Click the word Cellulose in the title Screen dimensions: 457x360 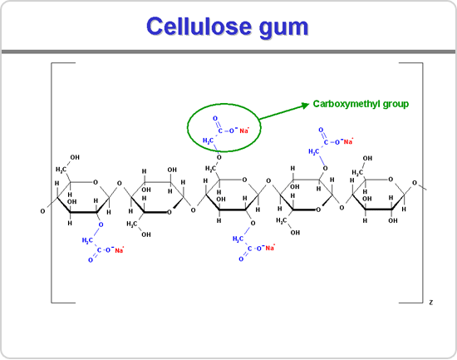pyautogui.click(x=199, y=27)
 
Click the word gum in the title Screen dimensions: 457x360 pyautogui.click(x=283, y=28)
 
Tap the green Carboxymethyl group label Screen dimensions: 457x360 pyautogui.click(x=361, y=104)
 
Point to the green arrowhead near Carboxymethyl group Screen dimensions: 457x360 pyautogui.click(x=305, y=105)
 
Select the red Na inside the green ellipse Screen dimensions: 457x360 pyautogui.click(x=244, y=131)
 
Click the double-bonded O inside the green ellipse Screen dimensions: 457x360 pyautogui.click(x=215, y=118)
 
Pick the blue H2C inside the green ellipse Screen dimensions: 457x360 pyautogui.click(x=208, y=141)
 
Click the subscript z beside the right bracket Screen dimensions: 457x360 pyautogui.click(x=431, y=303)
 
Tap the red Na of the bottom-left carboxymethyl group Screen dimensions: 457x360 pyautogui.click(x=119, y=250)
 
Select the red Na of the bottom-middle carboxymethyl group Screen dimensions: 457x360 pyautogui.click(x=269, y=248)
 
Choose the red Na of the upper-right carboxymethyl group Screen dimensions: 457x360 pyautogui.click(x=348, y=142)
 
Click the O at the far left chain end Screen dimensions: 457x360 pyautogui.click(x=42, y=211)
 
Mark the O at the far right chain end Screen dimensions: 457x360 pyautogui.click(x=415, y=183)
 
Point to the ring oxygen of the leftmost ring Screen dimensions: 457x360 pyautogui.click(x=96, y=182)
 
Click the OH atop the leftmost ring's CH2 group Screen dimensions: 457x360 pyautogui.click(x=75, y=157)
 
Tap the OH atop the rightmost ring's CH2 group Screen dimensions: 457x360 pyautogui.click(x=367, y=158)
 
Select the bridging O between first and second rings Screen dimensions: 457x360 pyautogui.click(x=119, y=184)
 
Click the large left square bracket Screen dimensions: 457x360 pyautogui.click(x=52, y=183)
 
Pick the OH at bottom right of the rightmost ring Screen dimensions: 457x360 pyautogui.click(x=393, y=220)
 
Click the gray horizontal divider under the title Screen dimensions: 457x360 pyautogui.click(x=228, y=52)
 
